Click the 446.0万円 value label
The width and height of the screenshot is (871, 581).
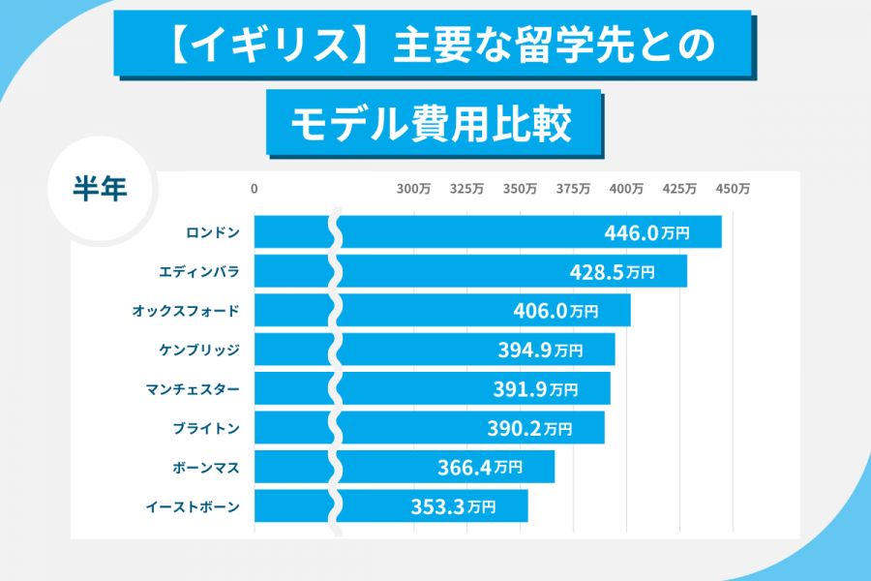[646, 233]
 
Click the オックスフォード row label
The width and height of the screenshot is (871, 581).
[185, 311]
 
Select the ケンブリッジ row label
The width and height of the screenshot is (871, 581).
[198, 350]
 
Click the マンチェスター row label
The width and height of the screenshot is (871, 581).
[192, 389]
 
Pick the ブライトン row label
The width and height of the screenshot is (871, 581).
[205, 428]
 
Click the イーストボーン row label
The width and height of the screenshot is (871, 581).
[192, 506]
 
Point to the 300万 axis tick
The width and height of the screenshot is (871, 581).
[414, 190]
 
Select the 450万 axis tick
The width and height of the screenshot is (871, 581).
[733, 190]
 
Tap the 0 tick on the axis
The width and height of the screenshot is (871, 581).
[255, 190]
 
